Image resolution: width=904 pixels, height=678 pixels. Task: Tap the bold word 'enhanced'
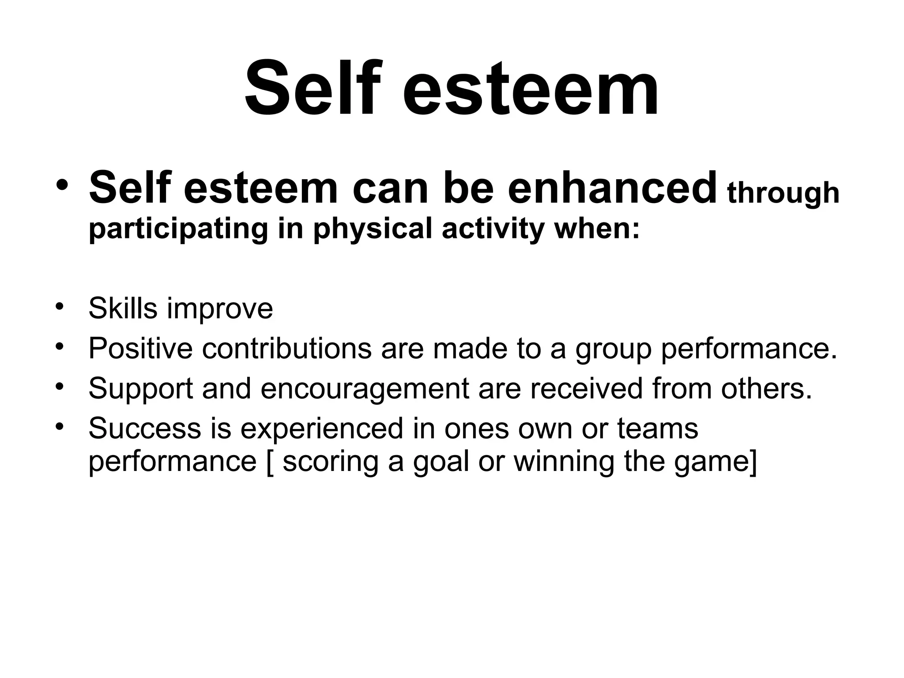(612, 188)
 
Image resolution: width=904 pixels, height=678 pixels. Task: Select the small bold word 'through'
(783, 193)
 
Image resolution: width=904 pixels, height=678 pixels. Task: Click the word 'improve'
(220, 309)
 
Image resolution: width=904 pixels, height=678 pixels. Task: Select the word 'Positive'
(140, 348)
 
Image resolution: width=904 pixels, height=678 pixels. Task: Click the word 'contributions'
(287, 348)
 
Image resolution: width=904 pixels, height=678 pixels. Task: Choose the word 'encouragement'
(365, 389)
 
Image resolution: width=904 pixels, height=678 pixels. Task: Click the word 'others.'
(766, 388)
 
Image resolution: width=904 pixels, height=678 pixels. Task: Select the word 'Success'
(145, 428)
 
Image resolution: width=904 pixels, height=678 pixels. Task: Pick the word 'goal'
(441, 463)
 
